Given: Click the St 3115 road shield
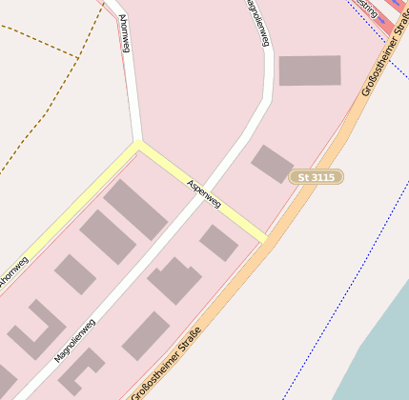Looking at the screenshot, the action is coord(317,177).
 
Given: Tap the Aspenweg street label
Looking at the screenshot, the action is coord(204,193).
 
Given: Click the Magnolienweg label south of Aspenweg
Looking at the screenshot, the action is coord(74,341).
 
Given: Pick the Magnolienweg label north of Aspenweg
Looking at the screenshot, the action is coord(258,21).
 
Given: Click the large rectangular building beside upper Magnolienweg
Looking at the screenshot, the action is coord(310,70).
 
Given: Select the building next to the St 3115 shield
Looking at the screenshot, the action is coord(272,164).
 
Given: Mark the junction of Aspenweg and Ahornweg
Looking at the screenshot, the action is coord(139,145).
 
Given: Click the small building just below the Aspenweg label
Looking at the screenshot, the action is coord(218,243).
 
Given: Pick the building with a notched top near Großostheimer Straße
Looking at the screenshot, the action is coord(174,281).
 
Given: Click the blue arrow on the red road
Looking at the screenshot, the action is coord(382,18).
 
